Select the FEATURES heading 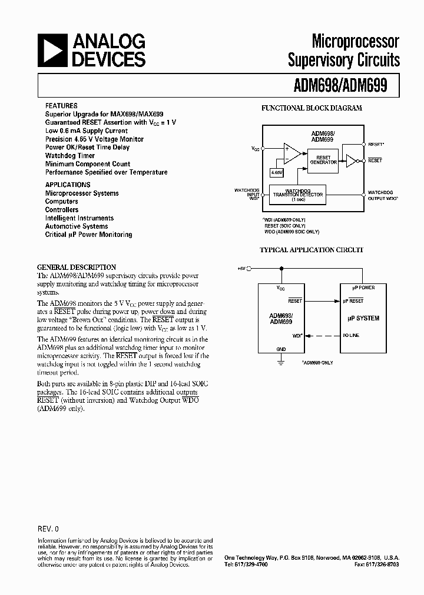(61, 106)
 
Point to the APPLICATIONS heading (68, 185)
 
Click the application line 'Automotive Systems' (77, 226)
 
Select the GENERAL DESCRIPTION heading (77, 267)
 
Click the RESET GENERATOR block (323, 160)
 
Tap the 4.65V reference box (276, 172)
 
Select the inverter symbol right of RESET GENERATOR (351, 160)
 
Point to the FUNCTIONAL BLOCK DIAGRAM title (312, 108)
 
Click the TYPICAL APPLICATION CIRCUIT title (312, 250)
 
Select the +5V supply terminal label (241, 268)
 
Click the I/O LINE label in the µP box (351, 335)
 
